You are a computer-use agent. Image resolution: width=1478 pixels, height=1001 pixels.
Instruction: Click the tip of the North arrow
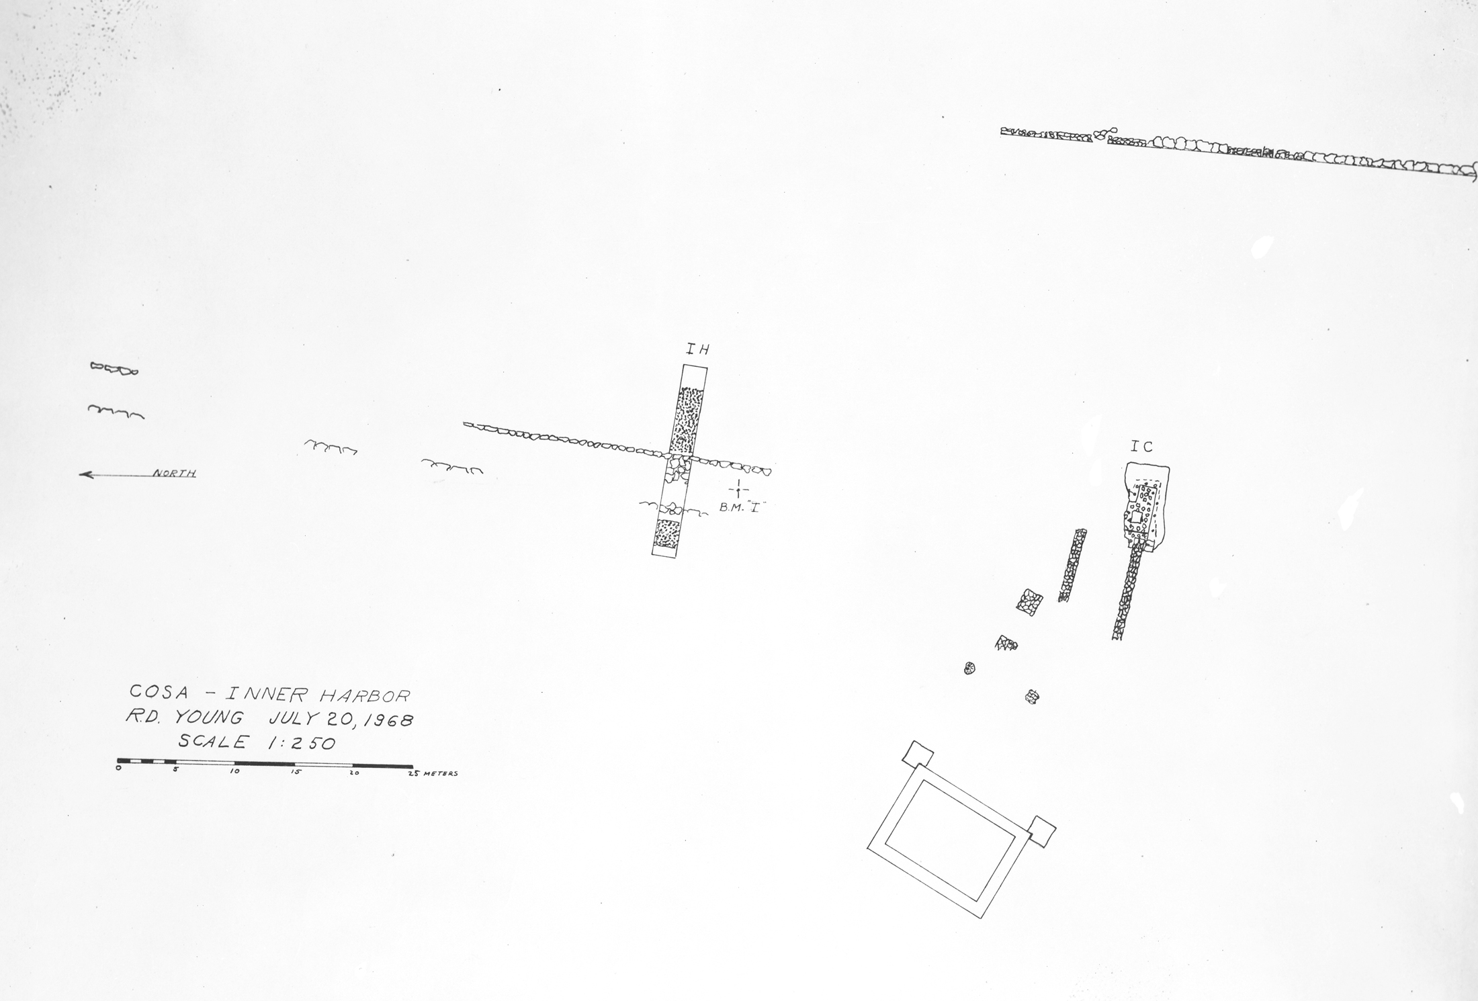coord(80,475)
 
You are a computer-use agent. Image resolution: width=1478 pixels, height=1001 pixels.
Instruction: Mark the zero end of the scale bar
coord(118,760)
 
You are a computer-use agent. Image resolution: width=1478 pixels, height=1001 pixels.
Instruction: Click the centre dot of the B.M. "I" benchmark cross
coord(738,488)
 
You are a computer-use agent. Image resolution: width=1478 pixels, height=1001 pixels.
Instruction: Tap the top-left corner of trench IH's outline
coord(683,365)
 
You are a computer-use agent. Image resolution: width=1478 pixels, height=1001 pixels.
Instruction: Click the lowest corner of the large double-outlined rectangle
coord(982,918)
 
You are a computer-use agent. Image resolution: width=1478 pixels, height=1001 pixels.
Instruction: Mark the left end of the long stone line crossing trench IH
coord(464,425)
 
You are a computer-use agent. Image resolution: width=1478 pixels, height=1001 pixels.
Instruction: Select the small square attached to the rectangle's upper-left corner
coord(918,755)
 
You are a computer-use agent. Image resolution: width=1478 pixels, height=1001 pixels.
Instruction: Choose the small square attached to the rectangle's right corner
coord(1041,832)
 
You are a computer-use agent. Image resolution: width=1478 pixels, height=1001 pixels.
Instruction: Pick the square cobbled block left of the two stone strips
coord(1029,601)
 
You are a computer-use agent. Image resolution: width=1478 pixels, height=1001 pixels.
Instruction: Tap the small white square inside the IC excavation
coord(1135,517)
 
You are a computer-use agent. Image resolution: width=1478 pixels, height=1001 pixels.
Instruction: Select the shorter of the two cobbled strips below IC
coord(1073,565)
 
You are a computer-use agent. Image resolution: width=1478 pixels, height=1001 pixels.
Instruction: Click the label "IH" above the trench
coord(697,349)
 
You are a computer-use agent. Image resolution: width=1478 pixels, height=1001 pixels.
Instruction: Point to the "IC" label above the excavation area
coord(1141,447)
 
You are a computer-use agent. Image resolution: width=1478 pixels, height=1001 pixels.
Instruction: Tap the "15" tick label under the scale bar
coord(296,773)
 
